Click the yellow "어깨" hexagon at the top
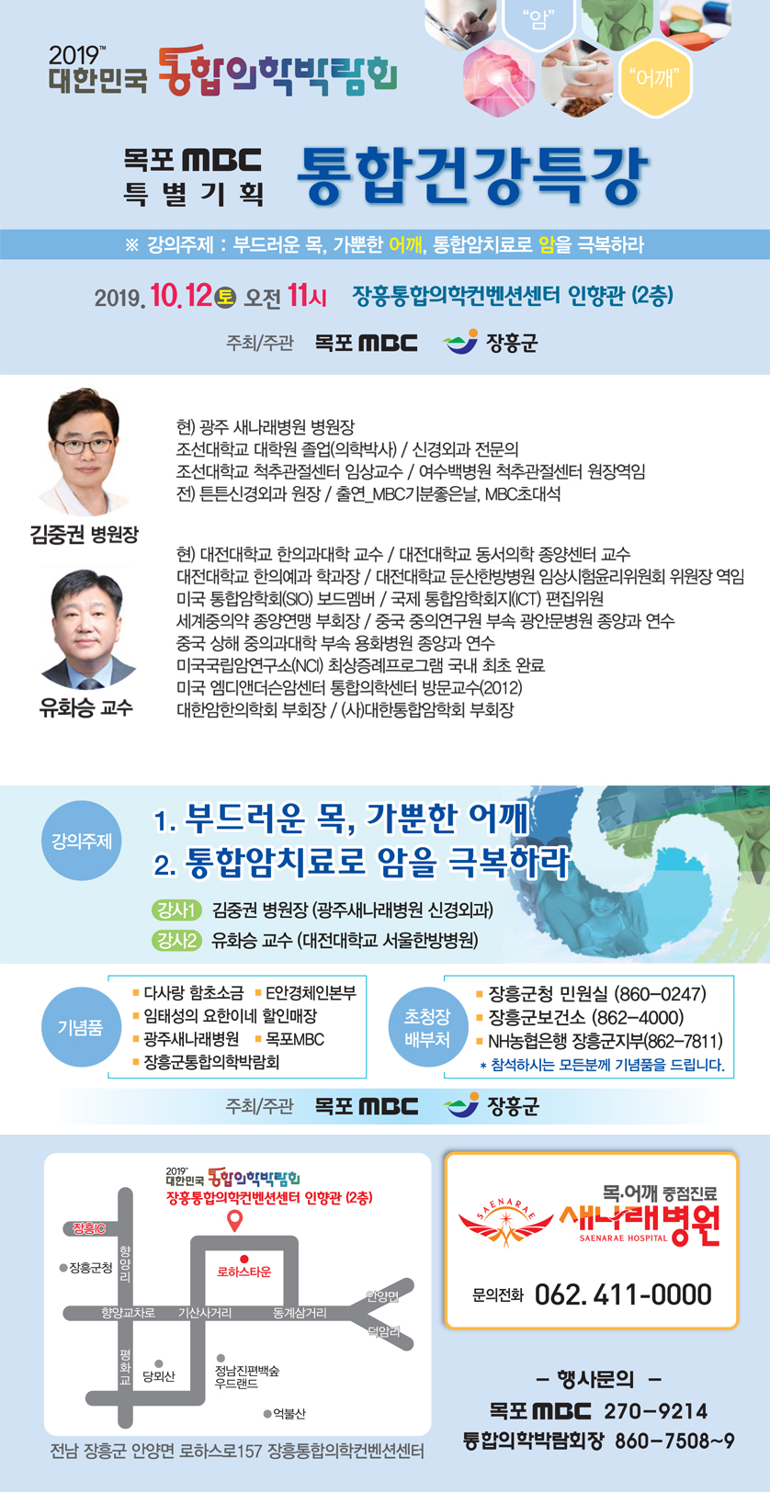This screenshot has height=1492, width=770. pyautogui.click(x=655, y=79)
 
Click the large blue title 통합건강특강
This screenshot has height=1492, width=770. pyautogui.click(x=471, y=175)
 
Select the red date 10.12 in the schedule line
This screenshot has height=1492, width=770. pyautogui.click(x=181, y=295)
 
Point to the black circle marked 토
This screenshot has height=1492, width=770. pyautogui.click(x=226, y=297)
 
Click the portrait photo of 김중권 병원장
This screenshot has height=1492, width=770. pyautogui.click(x=84, y=452)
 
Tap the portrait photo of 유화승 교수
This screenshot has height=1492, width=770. pyautogui.click(x=86, y=628)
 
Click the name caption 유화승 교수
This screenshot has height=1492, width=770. pyautogui.click(x=86, y=706)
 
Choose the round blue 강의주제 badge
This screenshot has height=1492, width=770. pyautogui.click(x=81, y=841)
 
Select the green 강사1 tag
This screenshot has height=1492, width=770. pyautogui.click(x=176, y=910)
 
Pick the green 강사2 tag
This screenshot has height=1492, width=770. pyautogui.click(x=176, y=940)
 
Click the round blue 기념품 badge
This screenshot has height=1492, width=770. pyautogui.click(x=81, y=1027)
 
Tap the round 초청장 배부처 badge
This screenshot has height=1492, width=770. pyautogui.click(x=427, y=1027)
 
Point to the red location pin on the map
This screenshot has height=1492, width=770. pyautogui.click(x=235, y=1221)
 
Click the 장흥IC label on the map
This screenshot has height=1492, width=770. pyautogui.click(x=89, y=1227)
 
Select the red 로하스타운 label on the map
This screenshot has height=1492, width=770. pyautogui.click(x=244, y=1272)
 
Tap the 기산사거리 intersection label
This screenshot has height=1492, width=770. pyautogui.click(x=205, y=1313)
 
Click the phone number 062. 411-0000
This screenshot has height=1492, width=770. pyautogui.click(x=624, y=1295)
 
